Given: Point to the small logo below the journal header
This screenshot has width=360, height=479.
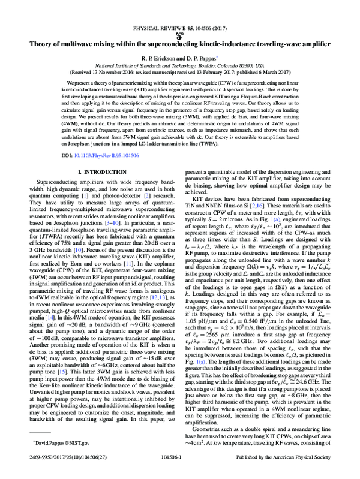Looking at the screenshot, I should (x=180, y=35).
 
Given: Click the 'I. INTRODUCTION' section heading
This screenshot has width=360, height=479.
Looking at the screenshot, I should (x=100, y=173).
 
